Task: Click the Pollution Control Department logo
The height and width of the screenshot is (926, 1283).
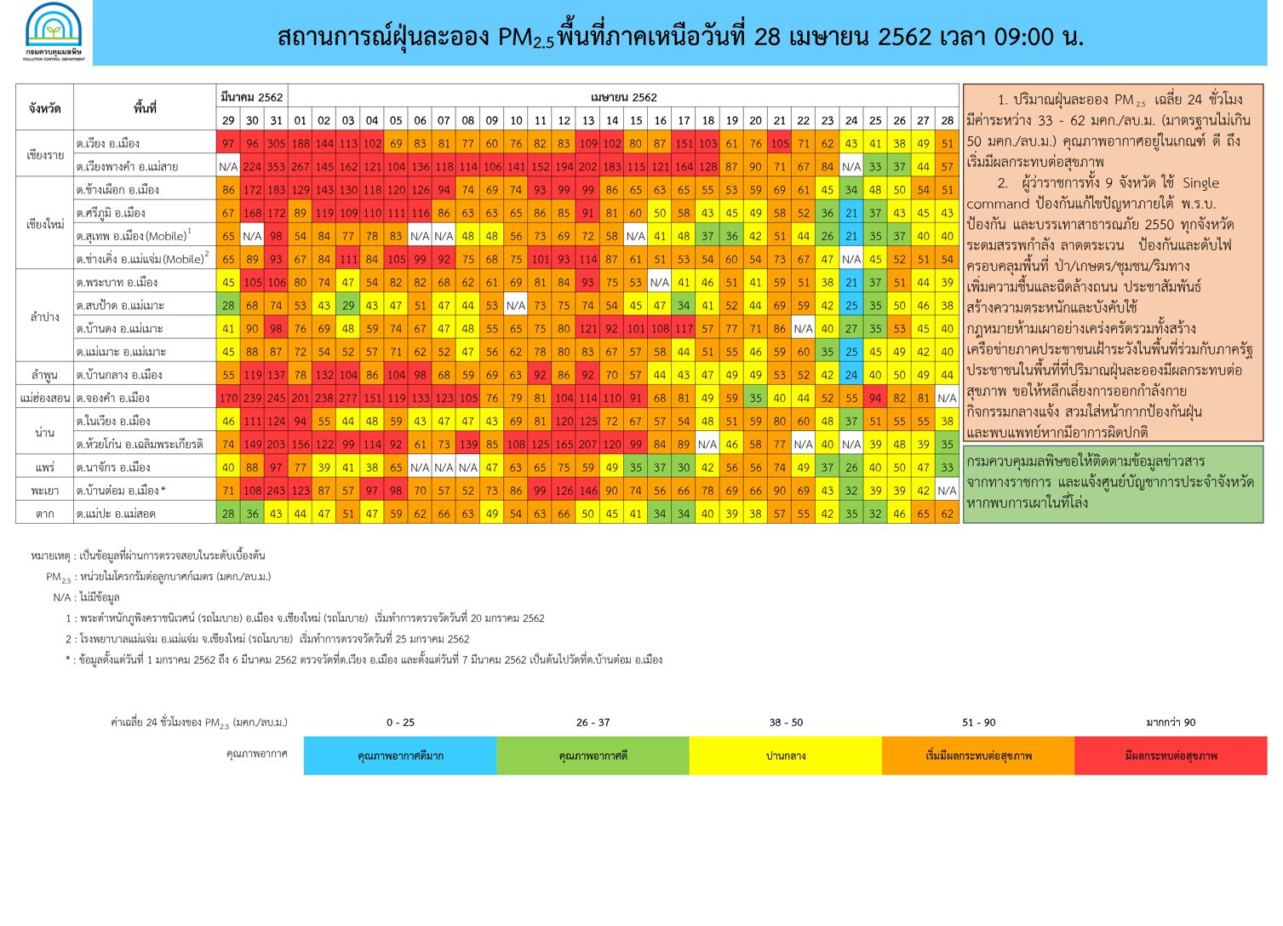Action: (54, 32)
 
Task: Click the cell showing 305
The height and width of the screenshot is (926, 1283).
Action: (276, 143)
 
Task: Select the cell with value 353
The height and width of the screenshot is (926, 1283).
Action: (276, 166)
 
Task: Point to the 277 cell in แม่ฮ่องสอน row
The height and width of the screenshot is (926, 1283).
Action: (348, 398)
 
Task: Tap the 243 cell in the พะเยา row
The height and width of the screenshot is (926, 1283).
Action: (276, 491)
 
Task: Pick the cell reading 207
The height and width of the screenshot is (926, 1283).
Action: (588, 444)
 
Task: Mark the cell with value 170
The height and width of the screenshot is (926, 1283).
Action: (228, 398)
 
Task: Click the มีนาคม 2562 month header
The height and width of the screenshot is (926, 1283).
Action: (252, 97)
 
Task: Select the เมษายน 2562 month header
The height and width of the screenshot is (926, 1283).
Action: (624, 97)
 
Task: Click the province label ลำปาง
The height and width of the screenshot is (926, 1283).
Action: (44, 317)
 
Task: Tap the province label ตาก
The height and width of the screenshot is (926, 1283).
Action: (44, 514)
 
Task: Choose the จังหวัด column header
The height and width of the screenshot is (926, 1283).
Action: (44, 108)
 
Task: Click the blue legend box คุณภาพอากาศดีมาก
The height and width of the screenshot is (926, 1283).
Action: (400, 756)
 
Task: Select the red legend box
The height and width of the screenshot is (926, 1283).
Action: (1171, 756)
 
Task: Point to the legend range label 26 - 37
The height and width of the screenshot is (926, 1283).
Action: (593, 722)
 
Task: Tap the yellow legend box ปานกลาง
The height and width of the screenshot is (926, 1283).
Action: (786, 756)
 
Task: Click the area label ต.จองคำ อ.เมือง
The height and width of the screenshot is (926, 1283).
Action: (113, 398)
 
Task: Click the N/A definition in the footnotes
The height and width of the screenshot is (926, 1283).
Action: (87, 598)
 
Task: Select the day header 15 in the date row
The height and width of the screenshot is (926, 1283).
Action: (636, 120)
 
